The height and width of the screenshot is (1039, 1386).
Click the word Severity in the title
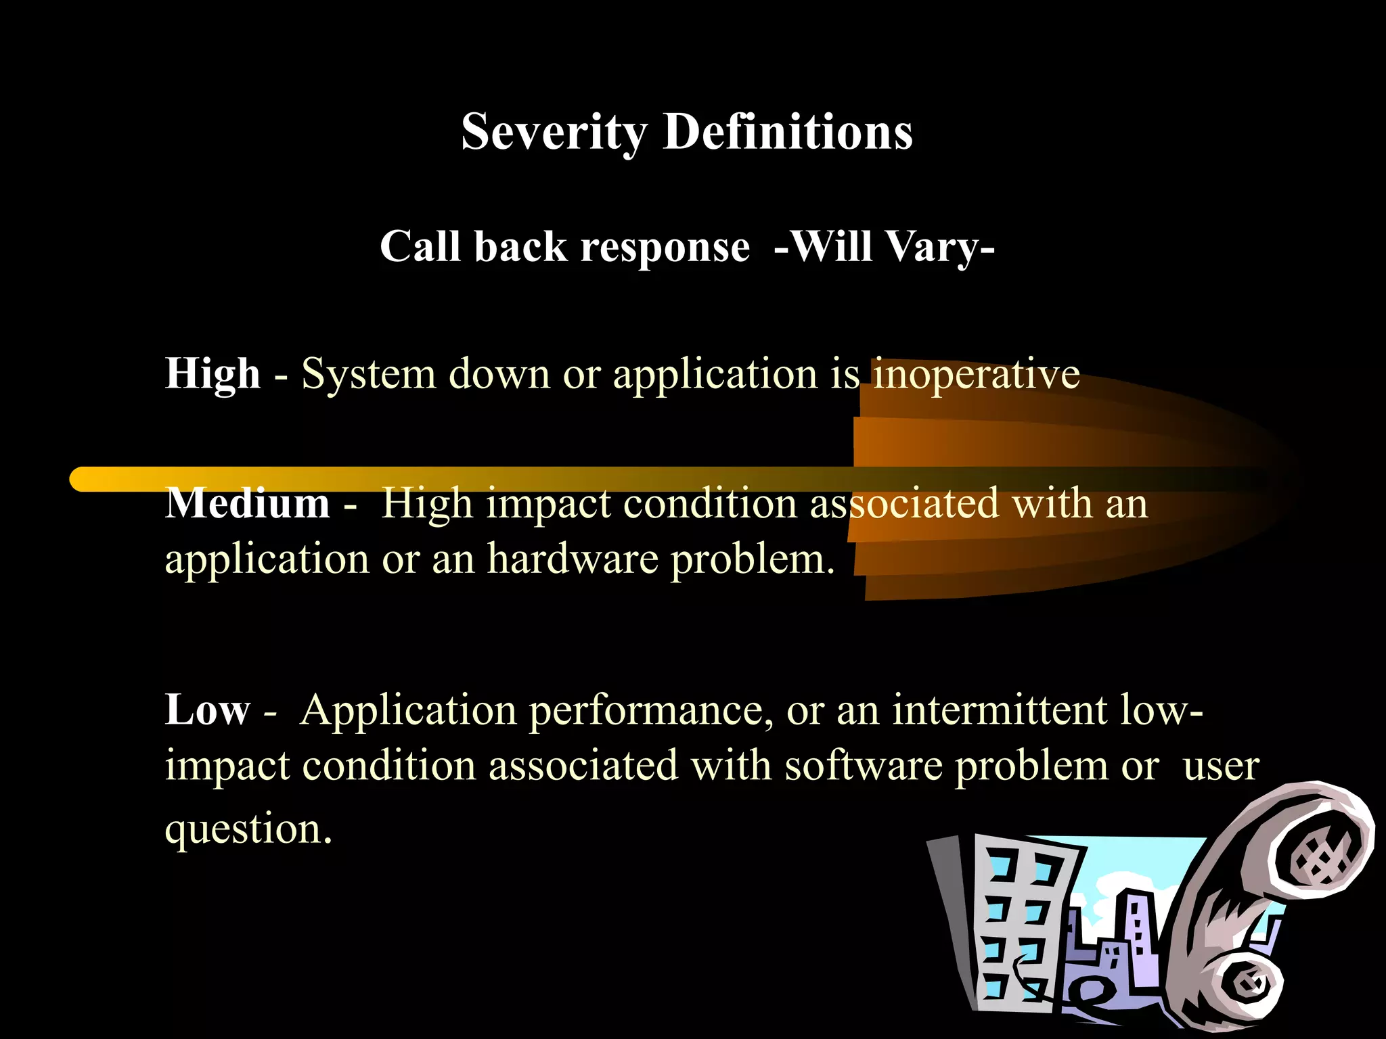pos(554,132)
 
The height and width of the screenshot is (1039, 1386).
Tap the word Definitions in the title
pos(788,132)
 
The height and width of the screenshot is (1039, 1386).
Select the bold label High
pos(213,374)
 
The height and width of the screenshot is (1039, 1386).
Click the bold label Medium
pos(248,504)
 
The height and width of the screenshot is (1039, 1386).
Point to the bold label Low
pos(207,710)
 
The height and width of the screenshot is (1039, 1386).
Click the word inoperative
pos(976,374)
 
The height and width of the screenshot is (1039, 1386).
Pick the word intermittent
pos(999,710)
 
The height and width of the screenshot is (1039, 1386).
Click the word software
pos(864,766)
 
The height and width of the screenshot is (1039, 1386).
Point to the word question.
pos(248,829)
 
